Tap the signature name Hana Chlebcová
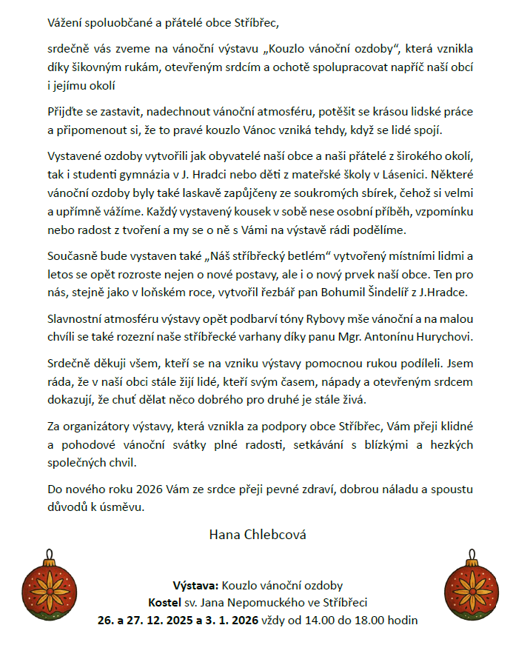(258, 534)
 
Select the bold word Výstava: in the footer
(195, 585)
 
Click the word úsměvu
(118, 507)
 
